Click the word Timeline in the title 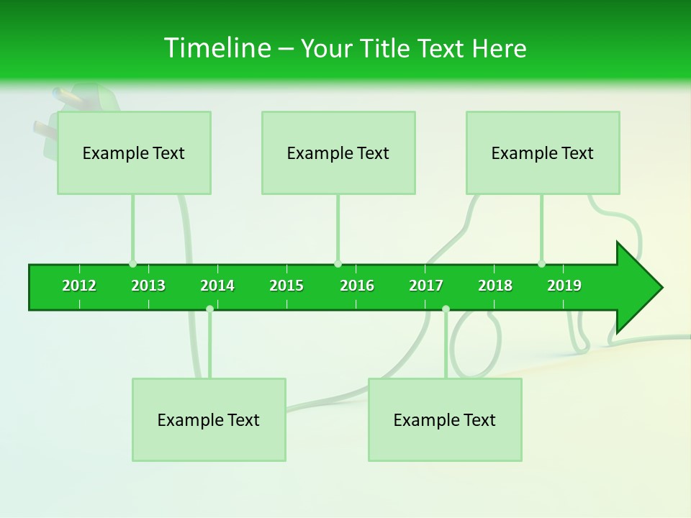coord(216,48)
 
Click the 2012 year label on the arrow coord(79,286)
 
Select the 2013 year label coord(148,286)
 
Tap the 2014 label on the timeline coord(217,286)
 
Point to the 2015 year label coord(286,286)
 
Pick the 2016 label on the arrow coord(357,286)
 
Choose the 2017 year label coord(426,286)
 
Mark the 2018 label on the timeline coord(495,286)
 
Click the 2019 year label coord(564,286)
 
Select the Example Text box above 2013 coord(134,153)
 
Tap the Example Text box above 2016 coord(338,153)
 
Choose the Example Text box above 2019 coord(543,153)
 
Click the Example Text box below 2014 coord(209,419)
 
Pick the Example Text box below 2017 coord(445,419)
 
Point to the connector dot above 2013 coord(132,264)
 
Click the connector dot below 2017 coord(446,309)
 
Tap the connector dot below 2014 coord(209,309)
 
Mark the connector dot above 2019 coord(541,264)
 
